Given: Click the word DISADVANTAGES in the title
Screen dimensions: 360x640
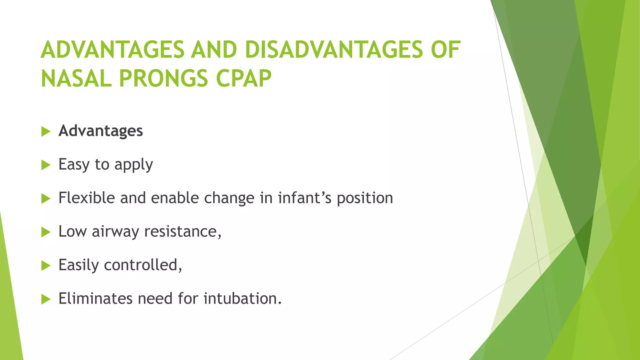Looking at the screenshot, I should coord(334,50).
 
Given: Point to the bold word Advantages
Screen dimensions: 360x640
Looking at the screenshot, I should coord(101,131).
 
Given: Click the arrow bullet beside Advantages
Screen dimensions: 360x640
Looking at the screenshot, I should coord(46,132).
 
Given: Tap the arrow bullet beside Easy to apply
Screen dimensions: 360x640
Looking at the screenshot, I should coord(46,165).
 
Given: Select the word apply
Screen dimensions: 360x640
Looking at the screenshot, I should coord(134,165).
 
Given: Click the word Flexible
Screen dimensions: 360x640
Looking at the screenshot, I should coord(87,198).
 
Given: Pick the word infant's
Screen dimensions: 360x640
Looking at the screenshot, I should coord(305,198).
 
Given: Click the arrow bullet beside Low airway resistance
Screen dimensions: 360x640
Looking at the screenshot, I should coord(46,232).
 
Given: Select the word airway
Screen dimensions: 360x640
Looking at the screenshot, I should coord(115,232).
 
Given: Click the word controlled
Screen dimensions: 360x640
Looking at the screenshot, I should coord(142,265).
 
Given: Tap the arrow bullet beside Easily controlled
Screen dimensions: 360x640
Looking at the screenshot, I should coord(46,266).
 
